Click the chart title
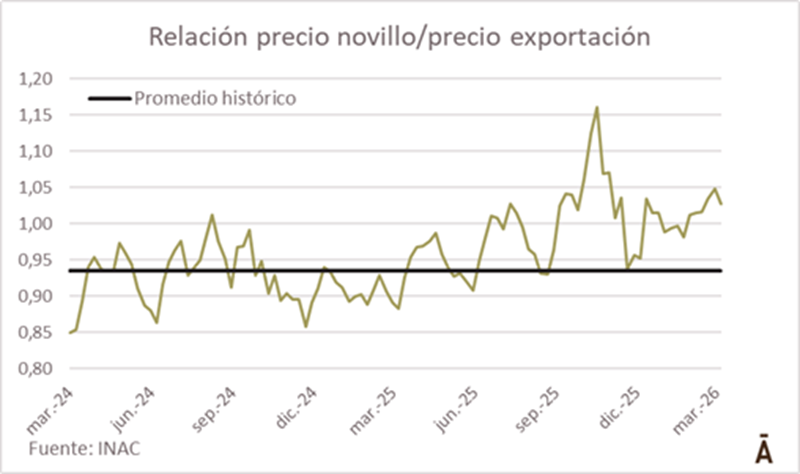(400, 37)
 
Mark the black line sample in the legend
(109, 98)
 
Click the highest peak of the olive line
(597, 107)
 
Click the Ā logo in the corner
(762, 448)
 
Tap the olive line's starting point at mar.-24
(70, 332)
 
